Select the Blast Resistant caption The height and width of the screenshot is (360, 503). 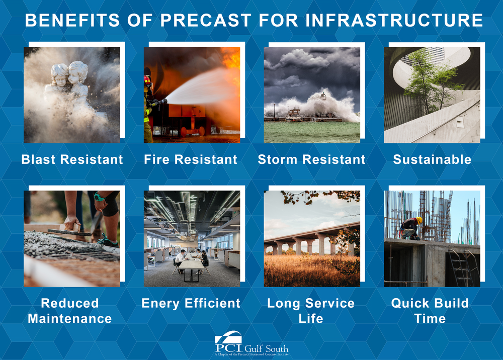[72, 160]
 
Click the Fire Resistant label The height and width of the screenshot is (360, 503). [191, 160]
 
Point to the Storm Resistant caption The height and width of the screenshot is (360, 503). [311, 160]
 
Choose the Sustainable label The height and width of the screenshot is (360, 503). [432, 160]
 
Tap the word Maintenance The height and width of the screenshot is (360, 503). [70, 319]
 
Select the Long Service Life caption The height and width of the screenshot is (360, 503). [311, 311]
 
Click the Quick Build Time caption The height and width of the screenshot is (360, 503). [430, 311]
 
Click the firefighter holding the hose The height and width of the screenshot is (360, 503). [148, 103]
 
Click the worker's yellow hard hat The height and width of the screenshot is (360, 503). [419, 220]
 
